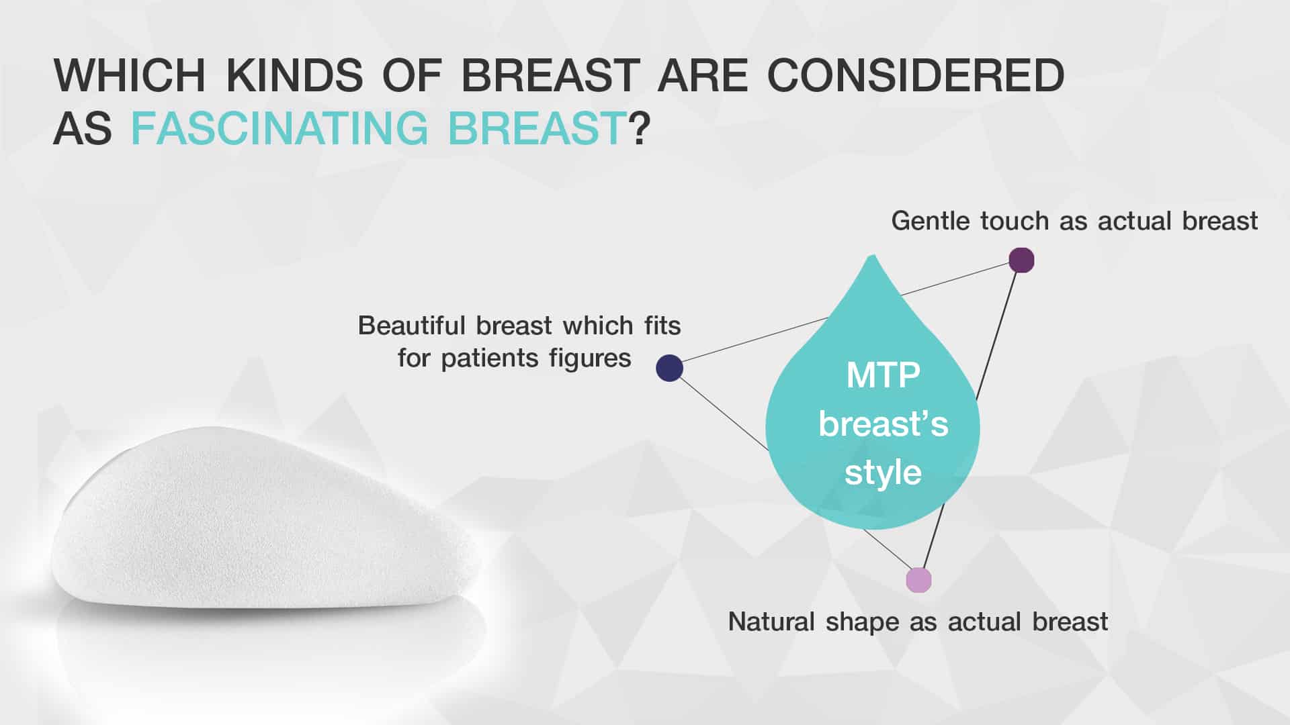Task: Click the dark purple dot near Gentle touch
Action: coord(1021,260)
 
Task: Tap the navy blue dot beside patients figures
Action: coord(669,368)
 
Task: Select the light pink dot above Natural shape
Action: coord(918,580)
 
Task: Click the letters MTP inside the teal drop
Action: coord(883,375)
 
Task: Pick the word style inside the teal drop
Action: coord(883,473)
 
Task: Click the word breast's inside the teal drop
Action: coord(883,424)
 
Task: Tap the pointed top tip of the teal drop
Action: coord(873,255)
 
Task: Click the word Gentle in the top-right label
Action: coord(931,221)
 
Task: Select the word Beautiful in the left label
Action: coord(412,326)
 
